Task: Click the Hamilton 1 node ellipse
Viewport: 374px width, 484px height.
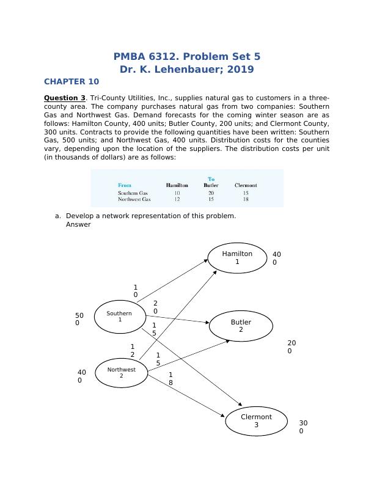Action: coord(237,257)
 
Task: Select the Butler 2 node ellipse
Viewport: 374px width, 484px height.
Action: coord(241,326)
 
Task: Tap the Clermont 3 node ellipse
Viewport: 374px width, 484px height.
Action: coord(256,420)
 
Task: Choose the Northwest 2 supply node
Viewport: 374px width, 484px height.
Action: coord(121,372)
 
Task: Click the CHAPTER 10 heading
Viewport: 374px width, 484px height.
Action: coord(71,81)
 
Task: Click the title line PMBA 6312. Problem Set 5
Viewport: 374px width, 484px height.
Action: coord(187,56)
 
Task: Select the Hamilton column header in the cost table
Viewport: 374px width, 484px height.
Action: coord(177,185)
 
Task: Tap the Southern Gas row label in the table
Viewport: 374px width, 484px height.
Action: coord(133,193)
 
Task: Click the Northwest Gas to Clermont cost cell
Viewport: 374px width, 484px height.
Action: coord(246,199)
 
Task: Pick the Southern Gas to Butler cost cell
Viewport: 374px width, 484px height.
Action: coord(211,193)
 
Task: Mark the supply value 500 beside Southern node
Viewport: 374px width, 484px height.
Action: coord(79,319)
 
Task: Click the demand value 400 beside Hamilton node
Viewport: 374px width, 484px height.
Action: coord(276,258)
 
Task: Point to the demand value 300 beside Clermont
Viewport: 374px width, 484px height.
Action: coord(303,427)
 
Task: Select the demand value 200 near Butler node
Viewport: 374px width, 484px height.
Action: coord(291,347)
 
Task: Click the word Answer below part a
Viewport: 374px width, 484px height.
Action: coord(78,224)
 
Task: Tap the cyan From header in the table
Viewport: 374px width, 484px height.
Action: coord(125,185)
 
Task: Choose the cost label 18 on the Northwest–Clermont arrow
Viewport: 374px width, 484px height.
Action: coord(170,378)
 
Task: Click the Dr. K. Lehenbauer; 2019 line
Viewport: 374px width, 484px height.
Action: coord(187,69)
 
